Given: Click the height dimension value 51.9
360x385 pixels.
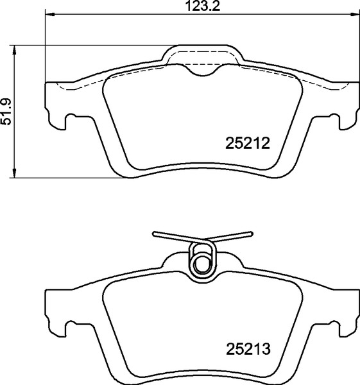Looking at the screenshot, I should [7, 111].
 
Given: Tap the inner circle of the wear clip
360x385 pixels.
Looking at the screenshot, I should [202, 262].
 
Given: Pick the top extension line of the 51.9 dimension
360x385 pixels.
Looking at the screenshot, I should [96, 45].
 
